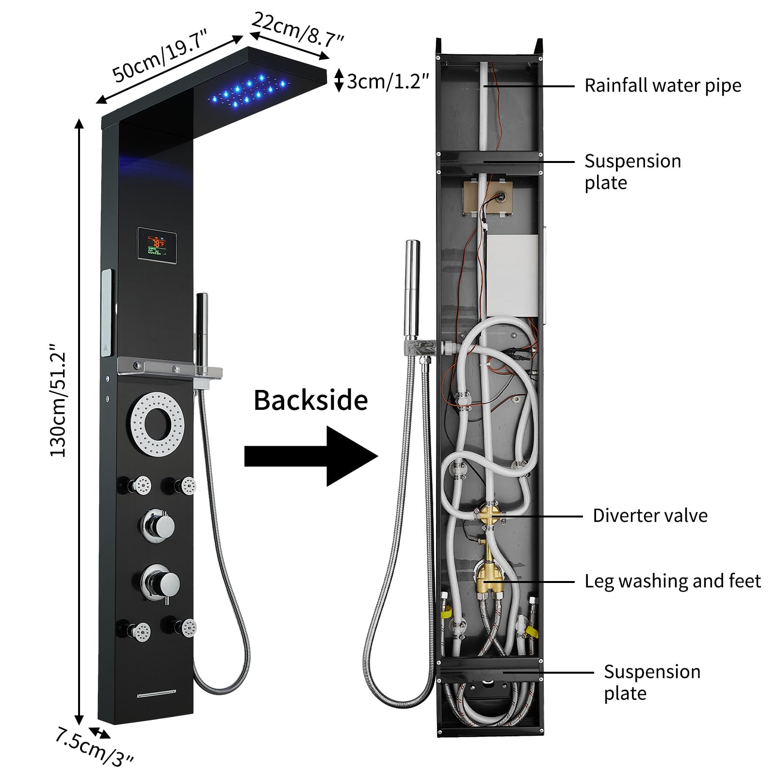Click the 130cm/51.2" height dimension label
point(58,401)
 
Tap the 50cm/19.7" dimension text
point(160,59)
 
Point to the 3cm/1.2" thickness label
point(388,81)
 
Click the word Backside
point(310,401)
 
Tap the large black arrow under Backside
point(310,456)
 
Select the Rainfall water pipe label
point(663,86)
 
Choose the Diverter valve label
point(650,516)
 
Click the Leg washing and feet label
point(672,581)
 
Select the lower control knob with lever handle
point(161,582)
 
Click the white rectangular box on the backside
point(512,275)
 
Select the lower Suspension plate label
point(651,683)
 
